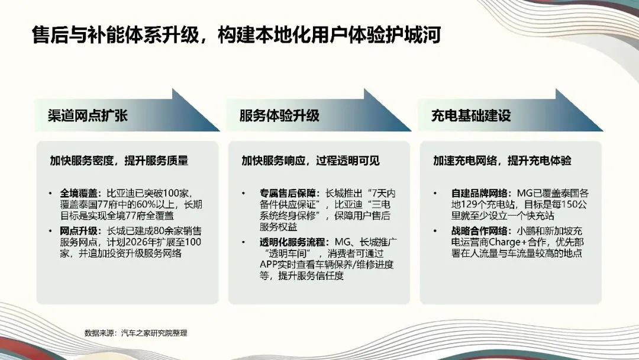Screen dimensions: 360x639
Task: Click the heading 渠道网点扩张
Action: pos(87,115)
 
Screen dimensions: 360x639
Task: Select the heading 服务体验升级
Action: pos(279,115)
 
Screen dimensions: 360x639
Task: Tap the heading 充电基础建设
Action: pos(471,115)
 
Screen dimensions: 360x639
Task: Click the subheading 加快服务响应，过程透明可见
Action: pos(311,161)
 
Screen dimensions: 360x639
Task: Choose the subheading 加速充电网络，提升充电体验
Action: pos(502,161)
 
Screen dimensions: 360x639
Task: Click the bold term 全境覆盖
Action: pos(79,194)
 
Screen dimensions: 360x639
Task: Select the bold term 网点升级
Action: pos(79,231)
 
